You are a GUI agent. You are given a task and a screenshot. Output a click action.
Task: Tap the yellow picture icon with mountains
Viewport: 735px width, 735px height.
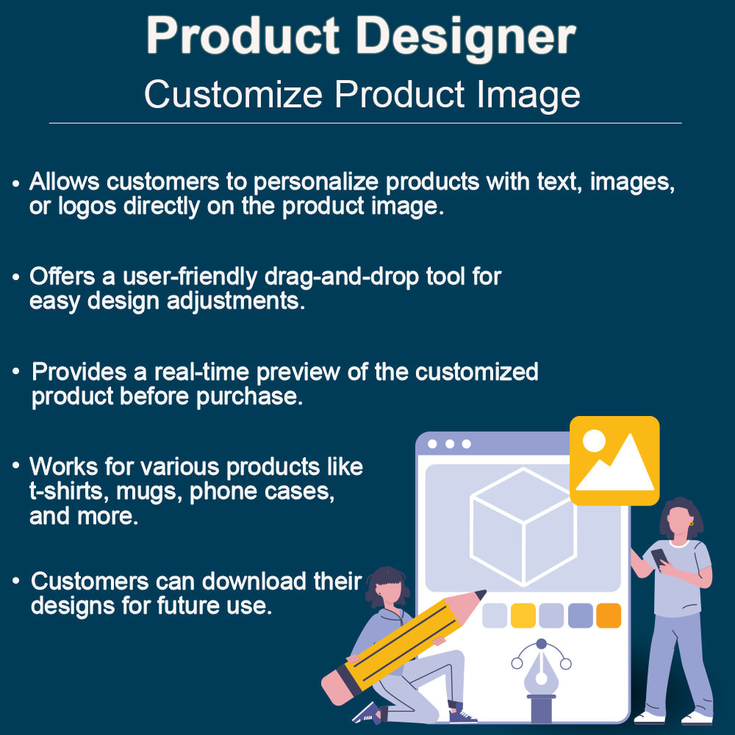(614, 460)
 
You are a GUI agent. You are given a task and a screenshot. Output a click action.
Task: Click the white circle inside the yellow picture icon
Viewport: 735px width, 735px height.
(594, 441)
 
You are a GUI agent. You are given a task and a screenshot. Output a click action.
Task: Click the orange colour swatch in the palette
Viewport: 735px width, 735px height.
(609, 615)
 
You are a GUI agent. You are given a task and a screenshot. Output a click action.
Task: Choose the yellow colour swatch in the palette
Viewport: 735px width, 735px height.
(523, 615)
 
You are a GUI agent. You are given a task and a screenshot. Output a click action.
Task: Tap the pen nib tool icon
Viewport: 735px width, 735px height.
(542, 673)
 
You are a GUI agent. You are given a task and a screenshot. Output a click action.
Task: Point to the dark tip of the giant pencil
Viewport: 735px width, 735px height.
(481, 593)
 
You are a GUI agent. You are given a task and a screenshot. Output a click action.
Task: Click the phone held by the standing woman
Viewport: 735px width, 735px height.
(659, 557)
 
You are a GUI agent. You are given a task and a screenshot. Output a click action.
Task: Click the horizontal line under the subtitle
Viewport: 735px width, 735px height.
(365, 123)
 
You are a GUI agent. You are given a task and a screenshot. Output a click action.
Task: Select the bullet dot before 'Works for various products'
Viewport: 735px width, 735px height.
(16, 467)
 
